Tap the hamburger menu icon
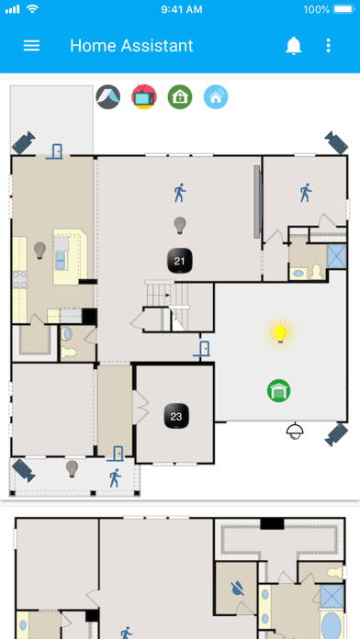point(31,46)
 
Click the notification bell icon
point(293,46)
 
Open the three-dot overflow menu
point(328,46)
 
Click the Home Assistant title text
point(131,46)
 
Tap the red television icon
point(144,97)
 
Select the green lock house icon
point(180,97)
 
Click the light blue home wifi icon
point(216,97)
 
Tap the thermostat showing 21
point(179,261)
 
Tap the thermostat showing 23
point(176,416)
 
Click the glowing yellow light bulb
point(280,331)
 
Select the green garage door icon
point(279,390)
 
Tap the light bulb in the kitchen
point(39,251)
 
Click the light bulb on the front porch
point(72,468)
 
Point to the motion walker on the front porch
point(115,478)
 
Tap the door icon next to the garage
point(204,350)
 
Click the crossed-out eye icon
point(237,589)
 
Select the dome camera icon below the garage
point(295,431)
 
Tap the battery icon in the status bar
point(343,9)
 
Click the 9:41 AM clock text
point(182,9)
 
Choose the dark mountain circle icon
point(108,97)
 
